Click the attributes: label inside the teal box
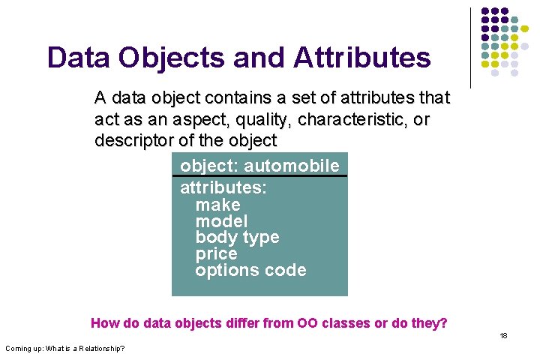223,187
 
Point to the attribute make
217,205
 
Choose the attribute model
221,221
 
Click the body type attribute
237,238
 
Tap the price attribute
216,254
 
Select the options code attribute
250,271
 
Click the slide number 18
504,335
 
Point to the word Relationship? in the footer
99,348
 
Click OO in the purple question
307,323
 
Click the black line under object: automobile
259,176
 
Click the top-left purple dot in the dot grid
485,13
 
